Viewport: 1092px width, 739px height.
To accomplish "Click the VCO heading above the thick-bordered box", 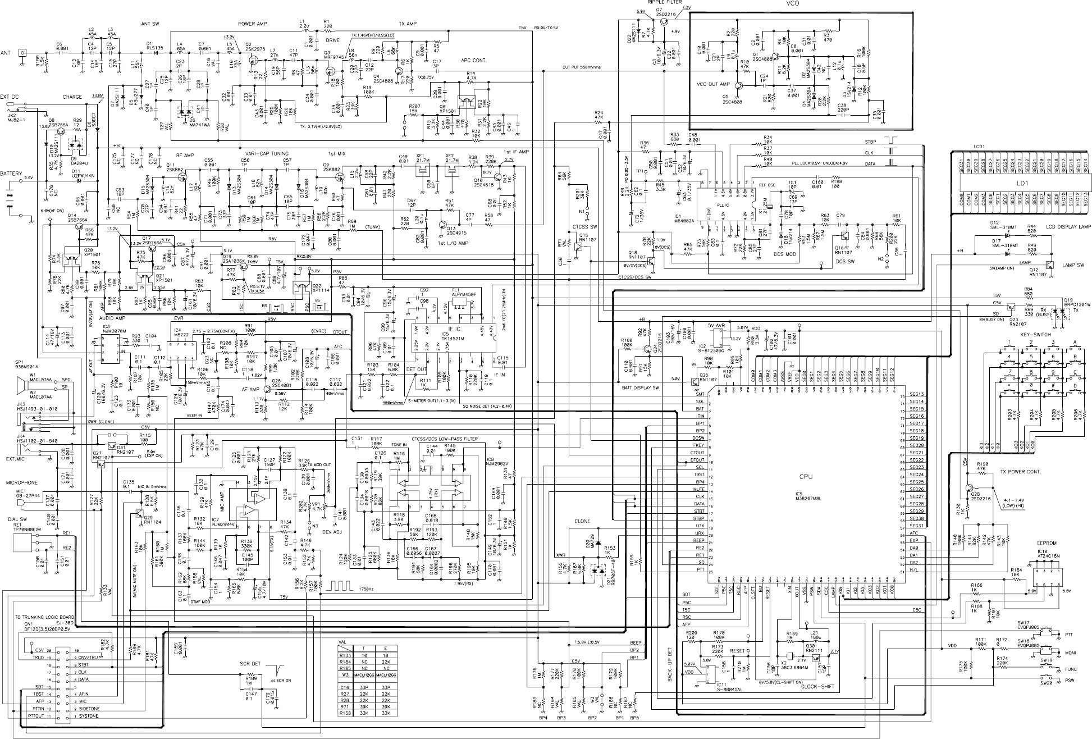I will pos(793,3).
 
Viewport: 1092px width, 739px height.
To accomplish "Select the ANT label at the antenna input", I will pos(6,53).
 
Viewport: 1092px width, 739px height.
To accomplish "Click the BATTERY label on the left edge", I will pos(11,174).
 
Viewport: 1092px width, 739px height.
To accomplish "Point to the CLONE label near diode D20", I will pos(582,521).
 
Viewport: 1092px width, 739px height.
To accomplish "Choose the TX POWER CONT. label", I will pos(1020,472).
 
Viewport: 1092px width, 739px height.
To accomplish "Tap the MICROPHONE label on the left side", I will pos(22,483).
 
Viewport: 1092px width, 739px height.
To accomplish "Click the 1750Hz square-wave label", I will pos(365,589).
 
